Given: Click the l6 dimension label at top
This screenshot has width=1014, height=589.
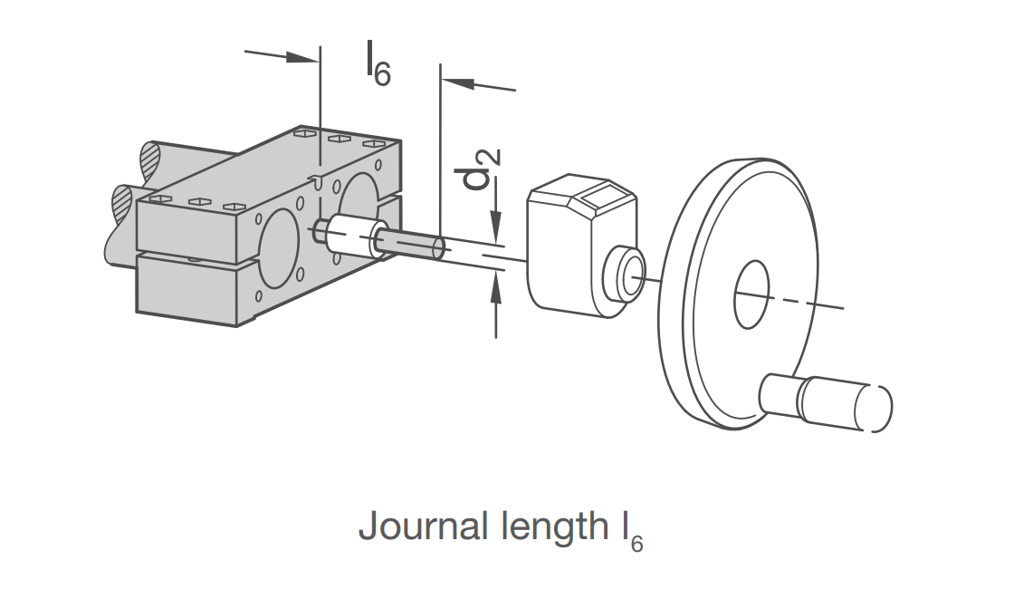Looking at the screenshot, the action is pos(378,63).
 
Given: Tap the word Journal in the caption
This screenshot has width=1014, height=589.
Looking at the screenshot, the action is pos(423,526).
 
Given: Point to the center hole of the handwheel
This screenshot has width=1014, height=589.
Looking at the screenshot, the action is pos(751,294).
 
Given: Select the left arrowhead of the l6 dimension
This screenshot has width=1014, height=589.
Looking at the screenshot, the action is pos(300,58).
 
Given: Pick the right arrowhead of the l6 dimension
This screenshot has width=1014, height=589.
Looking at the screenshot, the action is pos(458,83).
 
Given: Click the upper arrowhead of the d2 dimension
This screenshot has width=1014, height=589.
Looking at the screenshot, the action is pos(496,226).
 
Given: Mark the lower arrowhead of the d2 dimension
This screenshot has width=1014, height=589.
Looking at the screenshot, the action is pos(496,291).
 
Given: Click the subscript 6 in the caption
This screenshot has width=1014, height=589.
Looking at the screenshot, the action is pos(637,543).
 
